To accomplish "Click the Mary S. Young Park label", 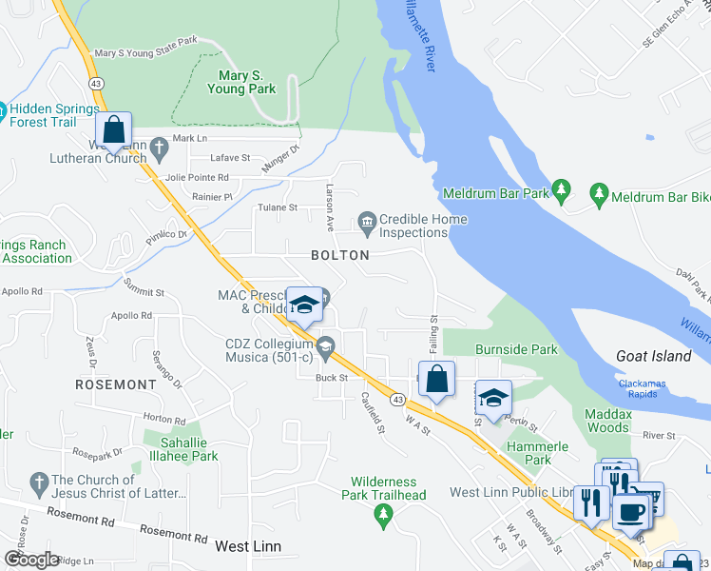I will tap(241, 82).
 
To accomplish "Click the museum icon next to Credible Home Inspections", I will tap(367, 222).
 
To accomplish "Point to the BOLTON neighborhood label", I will tap(339, 255).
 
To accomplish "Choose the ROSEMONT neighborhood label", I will tap(116, 384).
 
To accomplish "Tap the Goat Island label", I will tap(653, 356).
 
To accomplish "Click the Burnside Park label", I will tap(517, 349).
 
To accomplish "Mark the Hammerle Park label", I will tap(537, 453).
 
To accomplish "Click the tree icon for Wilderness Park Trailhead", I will tap(384, 517).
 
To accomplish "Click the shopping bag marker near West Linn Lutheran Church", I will tap(113, 130).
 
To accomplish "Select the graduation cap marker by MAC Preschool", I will tap(304, 305).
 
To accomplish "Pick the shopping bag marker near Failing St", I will tap(436, 380).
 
